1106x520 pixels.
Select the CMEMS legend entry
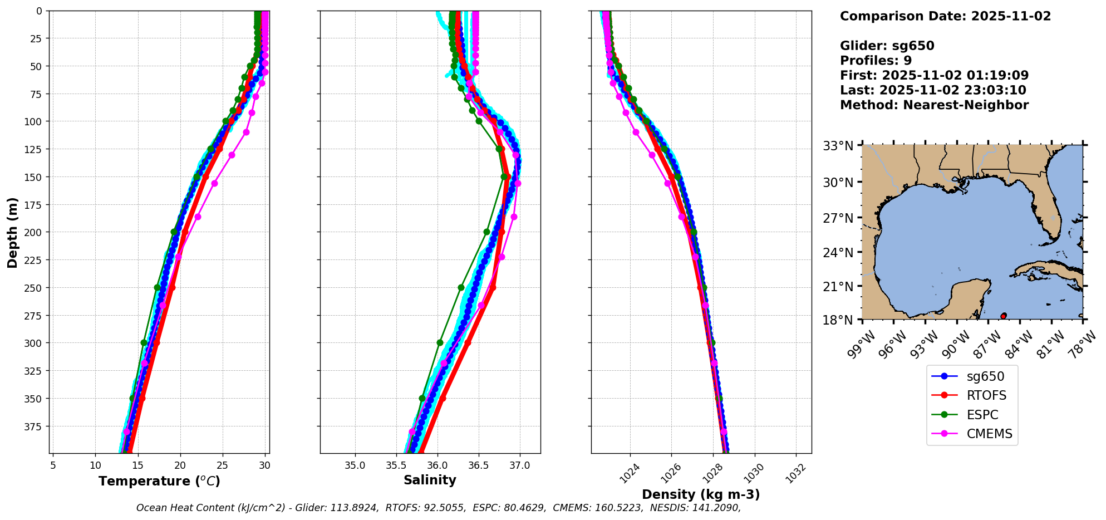click(989, 434)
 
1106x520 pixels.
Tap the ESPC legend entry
click(982, 415)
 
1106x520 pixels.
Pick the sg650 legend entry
click(985, 376)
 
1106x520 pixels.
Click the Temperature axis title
click(159, 481)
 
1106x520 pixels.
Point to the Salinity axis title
click(430, 480)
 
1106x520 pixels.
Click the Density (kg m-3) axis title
click(701, 494)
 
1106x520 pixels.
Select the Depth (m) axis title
click(12, 232)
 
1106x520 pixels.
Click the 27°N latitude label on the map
click(838, 218)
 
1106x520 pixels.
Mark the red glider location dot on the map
click(1004, 316)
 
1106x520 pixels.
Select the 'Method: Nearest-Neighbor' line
click(934, 105)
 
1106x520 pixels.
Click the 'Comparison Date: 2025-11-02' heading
click(945, 16)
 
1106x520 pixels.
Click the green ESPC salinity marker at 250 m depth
click(461, 288)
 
